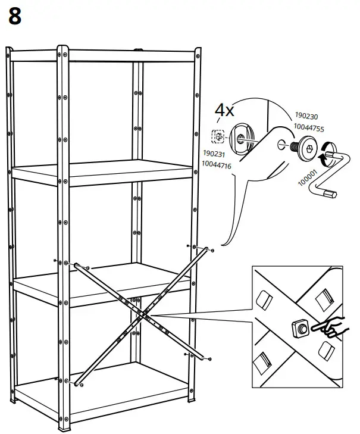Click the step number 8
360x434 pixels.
click(15, 16)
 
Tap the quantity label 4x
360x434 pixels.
click(225, 110)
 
